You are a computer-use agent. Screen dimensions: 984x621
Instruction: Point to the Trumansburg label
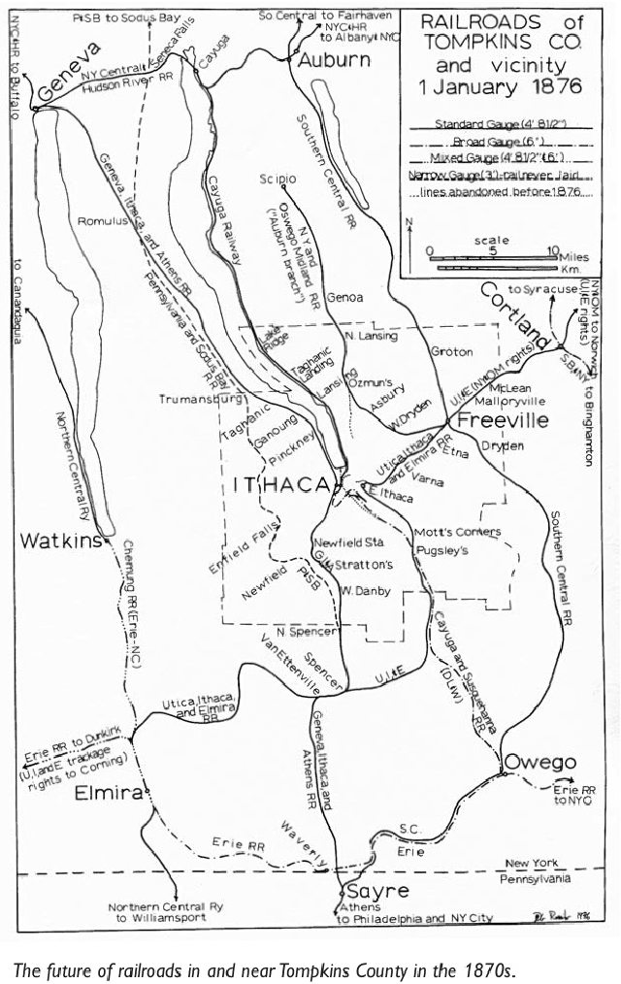click(199, 399)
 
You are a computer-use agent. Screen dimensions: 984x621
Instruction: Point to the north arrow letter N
click(410, 222)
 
